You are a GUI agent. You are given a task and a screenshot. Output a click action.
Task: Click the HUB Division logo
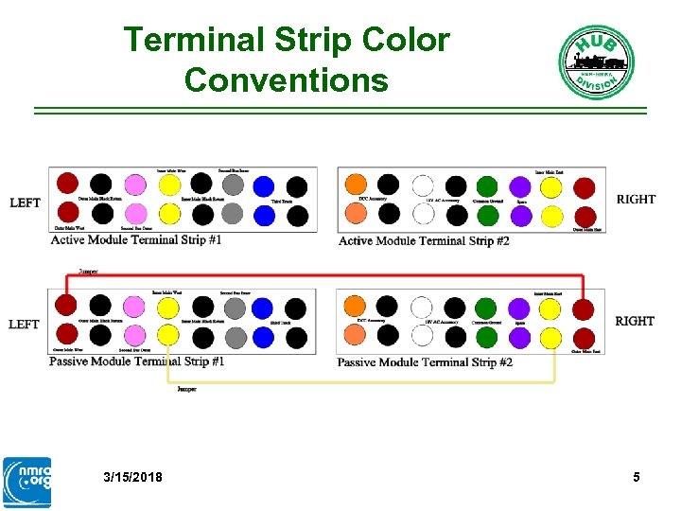[x=595, y=62]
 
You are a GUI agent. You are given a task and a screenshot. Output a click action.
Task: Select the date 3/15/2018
[x=132, y=477]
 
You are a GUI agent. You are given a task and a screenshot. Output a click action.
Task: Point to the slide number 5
[x=637, y=477]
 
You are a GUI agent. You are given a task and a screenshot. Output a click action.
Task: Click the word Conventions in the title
[x=287, y=79]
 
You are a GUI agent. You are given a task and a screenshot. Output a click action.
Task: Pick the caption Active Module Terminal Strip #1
[x=136, y=240]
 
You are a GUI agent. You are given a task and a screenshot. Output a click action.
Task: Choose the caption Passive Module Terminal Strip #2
[x=425, y=362]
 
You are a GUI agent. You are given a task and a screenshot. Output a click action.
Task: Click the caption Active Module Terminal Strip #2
[x=424, y=241]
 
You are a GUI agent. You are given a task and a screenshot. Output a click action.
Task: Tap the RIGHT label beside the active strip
[x=636, y=200]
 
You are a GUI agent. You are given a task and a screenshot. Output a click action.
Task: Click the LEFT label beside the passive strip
[x=25, y=325]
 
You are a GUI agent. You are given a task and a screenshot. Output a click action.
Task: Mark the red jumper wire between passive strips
[x=322, y=275]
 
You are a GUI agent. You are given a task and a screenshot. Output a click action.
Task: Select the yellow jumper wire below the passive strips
[x=359, y=383]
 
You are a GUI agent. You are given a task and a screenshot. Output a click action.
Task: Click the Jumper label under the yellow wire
[x=187, y=390]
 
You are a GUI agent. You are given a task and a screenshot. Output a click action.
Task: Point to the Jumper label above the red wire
[x=88, y=272]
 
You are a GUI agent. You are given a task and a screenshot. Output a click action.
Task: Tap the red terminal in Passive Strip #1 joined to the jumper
[x=66, y=305]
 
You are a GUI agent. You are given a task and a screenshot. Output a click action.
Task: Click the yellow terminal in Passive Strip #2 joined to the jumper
[x=551, y=337]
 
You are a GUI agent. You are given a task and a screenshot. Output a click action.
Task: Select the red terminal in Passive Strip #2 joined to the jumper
[x=584, y=308]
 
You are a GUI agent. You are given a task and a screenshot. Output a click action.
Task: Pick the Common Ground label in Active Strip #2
[x=487, y=202]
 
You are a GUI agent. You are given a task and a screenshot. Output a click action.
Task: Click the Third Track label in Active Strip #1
[x=282, y=202]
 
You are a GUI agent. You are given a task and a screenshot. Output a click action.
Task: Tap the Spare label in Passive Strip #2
[x=519, y=323]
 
